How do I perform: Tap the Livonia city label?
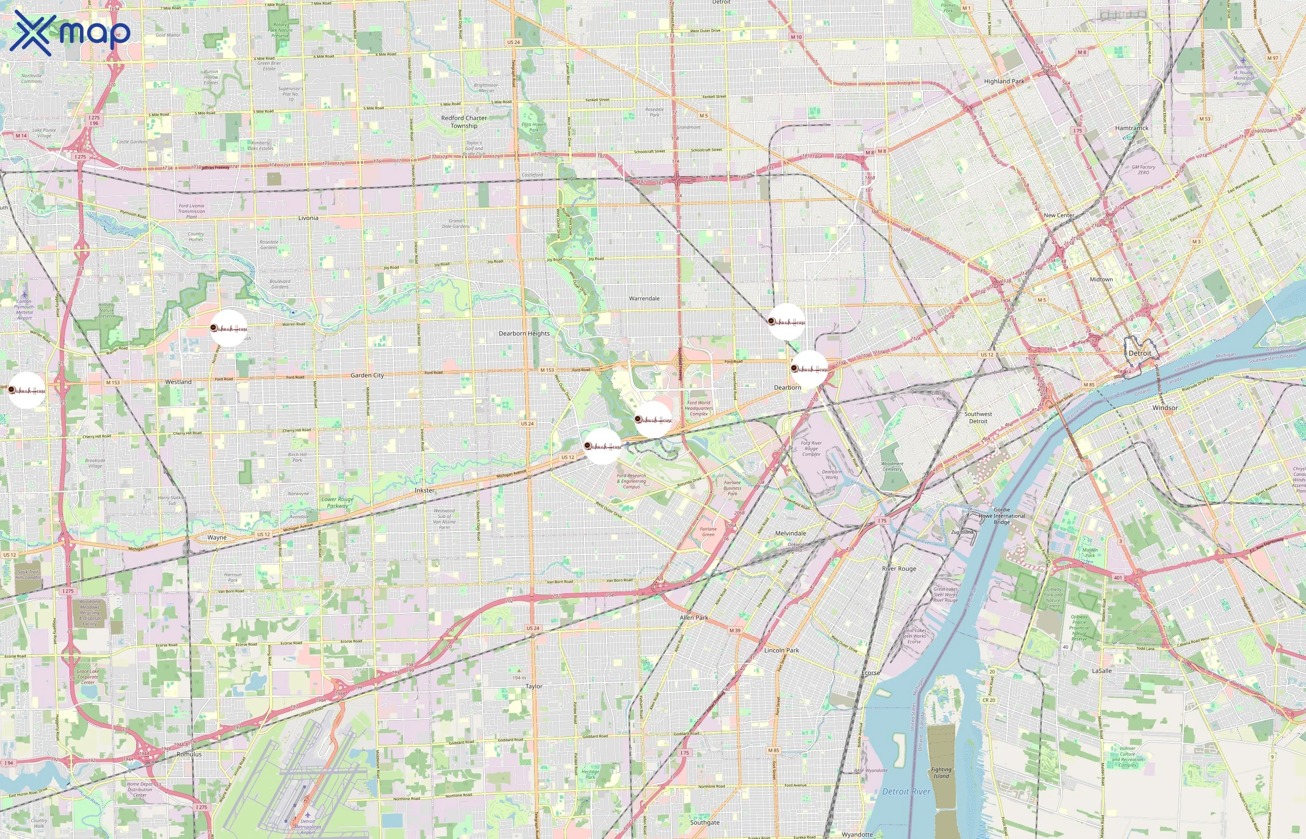point(308,218)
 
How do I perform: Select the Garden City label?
point(367,375)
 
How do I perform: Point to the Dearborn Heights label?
point(524,333)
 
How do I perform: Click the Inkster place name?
point(424,490)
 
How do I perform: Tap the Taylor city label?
point(534,687)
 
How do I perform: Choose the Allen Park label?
point(694,618)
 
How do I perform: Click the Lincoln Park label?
point(781,651)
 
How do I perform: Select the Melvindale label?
point(790,533)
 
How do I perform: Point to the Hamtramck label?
point(1132,128)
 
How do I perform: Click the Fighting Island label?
point(941,773)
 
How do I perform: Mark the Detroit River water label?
point(906,791)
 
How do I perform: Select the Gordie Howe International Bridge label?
point(1001,516)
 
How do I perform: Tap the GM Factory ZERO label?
point(1143,170)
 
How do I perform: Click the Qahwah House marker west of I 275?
point(27,390)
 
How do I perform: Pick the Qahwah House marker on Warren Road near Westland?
point(229,328)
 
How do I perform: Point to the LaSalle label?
point(1102,671)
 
